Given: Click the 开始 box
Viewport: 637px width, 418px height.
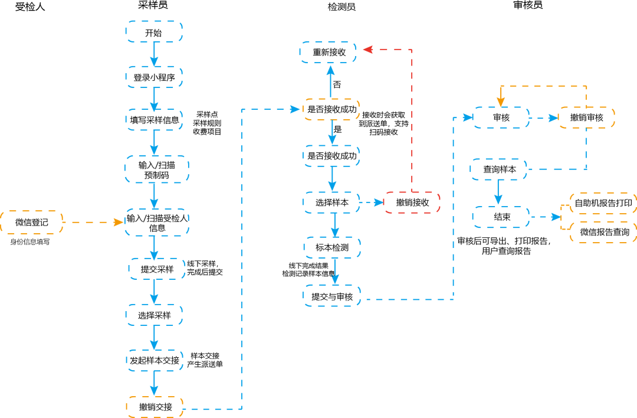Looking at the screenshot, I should tap(154, 32).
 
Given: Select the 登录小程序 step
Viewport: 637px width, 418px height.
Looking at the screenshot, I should tap(154, 77).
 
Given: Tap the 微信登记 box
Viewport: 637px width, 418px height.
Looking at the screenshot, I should tap(32, 223).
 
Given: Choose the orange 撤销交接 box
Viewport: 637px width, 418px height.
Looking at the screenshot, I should tap(155, 407).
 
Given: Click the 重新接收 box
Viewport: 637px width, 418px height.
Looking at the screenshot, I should tap(329, 52).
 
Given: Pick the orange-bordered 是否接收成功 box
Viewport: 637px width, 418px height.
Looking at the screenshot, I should tap(331, 109).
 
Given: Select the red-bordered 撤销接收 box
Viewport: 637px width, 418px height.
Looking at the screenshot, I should tap(412, 203).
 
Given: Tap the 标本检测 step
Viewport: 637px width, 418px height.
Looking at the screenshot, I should tap(332, 247).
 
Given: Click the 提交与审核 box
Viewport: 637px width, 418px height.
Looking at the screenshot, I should tap(332, 296).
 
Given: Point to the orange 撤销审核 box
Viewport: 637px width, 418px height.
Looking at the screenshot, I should tap(586, 117).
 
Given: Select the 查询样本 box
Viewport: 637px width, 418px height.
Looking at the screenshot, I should tap(499, 169).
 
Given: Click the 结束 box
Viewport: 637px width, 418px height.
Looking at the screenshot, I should tap(501, 217).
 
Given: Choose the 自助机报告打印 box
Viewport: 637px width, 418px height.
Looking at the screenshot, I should tap(603, 203).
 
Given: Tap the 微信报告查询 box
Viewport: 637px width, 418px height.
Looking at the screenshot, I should tap(604, 232).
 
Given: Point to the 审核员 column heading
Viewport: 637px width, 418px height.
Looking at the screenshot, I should tap(528, 5).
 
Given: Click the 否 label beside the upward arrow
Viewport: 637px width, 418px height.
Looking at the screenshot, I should tap(337, 84).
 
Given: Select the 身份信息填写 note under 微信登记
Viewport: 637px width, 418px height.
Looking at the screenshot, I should tap(29, 241).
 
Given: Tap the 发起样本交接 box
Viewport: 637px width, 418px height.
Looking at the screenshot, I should tap(155, 360).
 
